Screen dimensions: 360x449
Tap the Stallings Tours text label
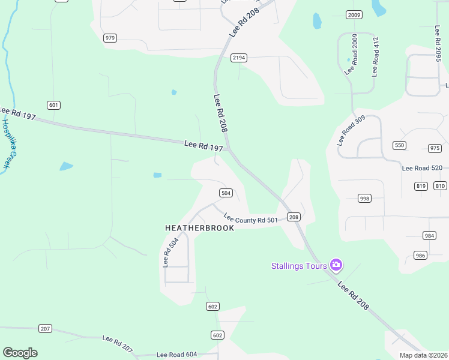299,266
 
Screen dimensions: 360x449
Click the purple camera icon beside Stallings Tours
336,265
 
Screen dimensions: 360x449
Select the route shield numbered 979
110,38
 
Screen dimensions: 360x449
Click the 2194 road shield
239,58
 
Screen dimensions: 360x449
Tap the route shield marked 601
54,106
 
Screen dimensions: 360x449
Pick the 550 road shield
399,145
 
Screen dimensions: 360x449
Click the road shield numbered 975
435,148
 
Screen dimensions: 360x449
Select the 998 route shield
364,198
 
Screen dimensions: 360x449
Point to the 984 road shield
429,236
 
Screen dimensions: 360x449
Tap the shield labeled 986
420,256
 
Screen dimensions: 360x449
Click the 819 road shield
421,186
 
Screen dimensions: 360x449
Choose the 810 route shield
441,186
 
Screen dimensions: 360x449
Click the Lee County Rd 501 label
251,219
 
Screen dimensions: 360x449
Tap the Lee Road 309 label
351,130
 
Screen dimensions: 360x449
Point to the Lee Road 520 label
422,169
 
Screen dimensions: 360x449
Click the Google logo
20,353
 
